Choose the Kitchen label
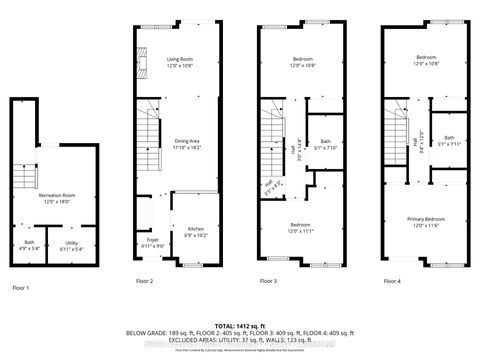(x=195, y=231)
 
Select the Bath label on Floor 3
(x=325, y=143)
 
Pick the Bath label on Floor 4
(x=449, y=140)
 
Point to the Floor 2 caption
(x=145, y=282)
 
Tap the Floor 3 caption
(x=269, y=282)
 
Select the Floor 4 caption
(x=393, y=282)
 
